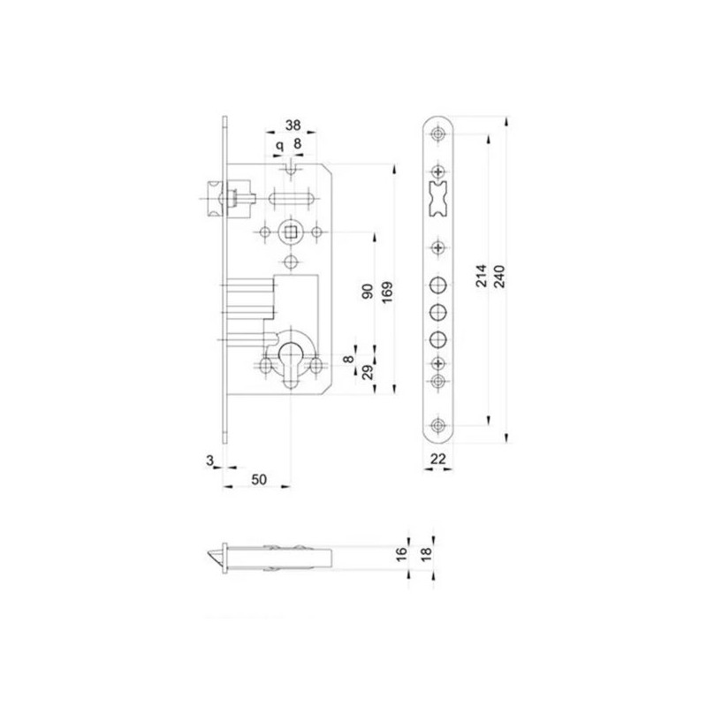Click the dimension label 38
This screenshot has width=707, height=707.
click(293, 125)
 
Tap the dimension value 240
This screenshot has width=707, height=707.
click(500, 277)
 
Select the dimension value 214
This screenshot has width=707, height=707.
click(482, 276)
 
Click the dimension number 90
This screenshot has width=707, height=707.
click(368, 292)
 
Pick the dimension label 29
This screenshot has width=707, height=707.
click(368, 372)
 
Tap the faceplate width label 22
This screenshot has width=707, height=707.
click(437, 459)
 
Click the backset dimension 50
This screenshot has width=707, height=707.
click(259, 479)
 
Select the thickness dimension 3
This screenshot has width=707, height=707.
click(209, 460)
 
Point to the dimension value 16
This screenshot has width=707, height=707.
click(401, 553)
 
